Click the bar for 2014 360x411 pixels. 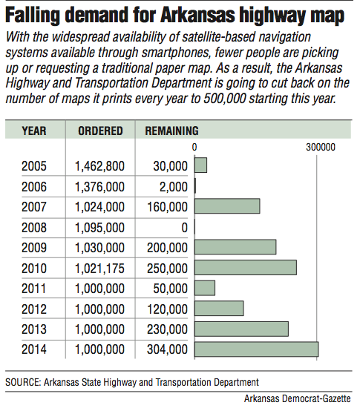[256, 349]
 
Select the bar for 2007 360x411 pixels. [227, 207]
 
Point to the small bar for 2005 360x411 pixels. [200, 166]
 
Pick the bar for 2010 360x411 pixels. [246, 268]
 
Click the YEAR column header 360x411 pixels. [34, 131]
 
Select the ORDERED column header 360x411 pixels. [100, 131]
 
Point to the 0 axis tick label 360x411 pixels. [194, 148]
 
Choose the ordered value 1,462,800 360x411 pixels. [100, 166]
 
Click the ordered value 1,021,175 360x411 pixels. [100, 268]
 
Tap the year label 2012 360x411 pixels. [34, 308]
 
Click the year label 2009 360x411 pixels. [34, 247]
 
